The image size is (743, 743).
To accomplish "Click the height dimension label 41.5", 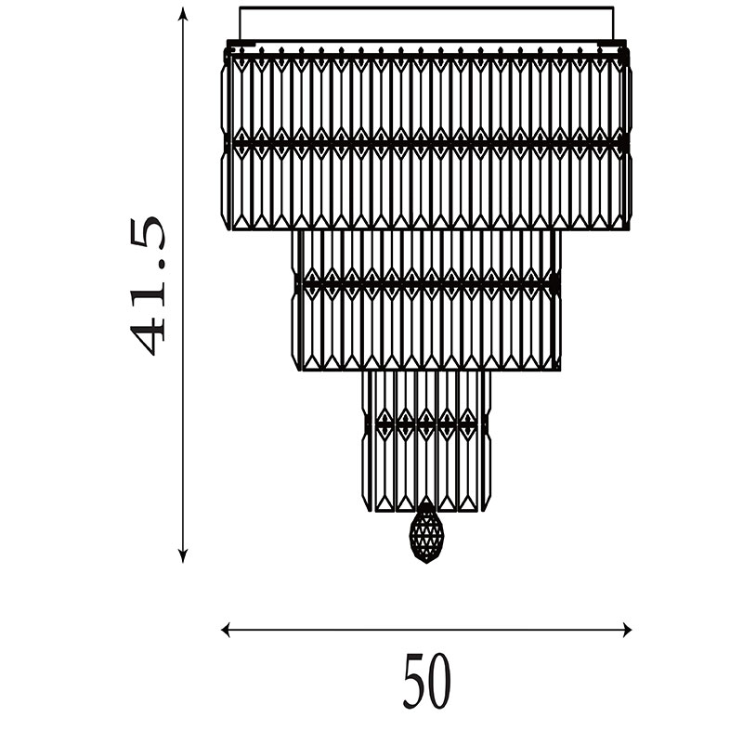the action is pyautogui.click(x=148, y=286).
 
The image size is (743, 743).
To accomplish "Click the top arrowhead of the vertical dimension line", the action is pyautogui.click(x=183, y=15).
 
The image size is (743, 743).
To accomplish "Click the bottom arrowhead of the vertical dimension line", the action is pyautogui.click(x=183, y=555).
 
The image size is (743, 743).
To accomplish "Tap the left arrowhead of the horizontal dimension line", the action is pyautogui.click(x=227, y=630).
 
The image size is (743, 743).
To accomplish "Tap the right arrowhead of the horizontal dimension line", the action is pyautogui.click(x=626, y=630).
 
